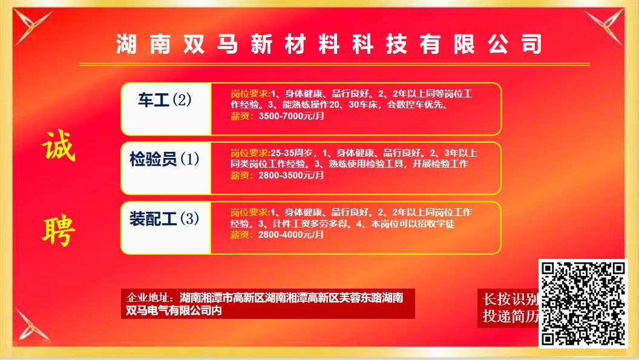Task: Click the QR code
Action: (583, 304)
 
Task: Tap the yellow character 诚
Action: (59, 146)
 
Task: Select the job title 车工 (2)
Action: (165, 100)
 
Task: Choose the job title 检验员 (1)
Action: (165, 159)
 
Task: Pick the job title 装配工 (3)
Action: (164, 218)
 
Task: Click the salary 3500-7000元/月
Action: (292, 116)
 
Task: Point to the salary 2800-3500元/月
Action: (292, 175)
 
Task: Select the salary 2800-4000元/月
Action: (291, 234)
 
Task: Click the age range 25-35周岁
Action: (292, 153)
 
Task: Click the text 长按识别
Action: (510, 299)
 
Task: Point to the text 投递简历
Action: (511, 316)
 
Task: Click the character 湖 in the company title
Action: (126, 44)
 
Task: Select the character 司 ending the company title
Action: (531, 44)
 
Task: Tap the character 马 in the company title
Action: (228, 44)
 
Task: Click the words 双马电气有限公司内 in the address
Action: (174, 310)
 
